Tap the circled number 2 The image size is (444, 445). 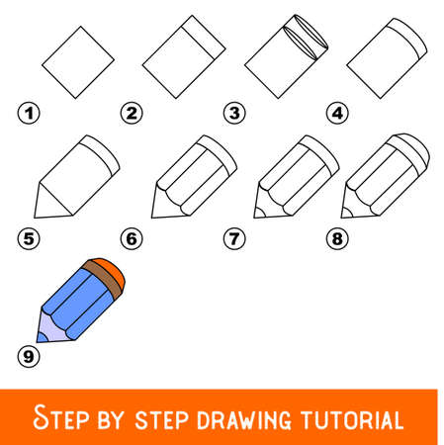(129, 113)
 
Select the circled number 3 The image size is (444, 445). (233, 113)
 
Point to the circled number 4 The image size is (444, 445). (338, 113)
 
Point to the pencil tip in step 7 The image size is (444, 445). (259, 211)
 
